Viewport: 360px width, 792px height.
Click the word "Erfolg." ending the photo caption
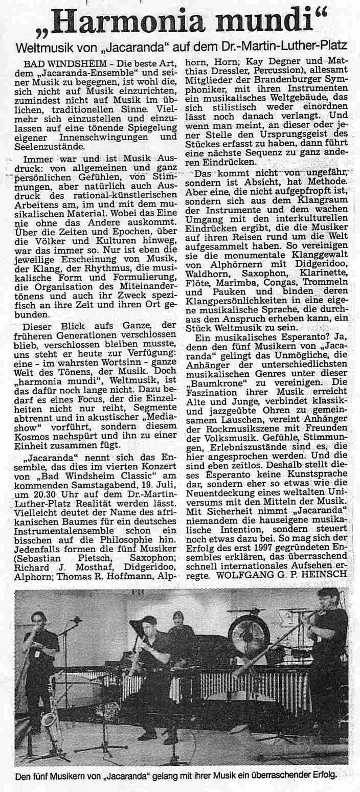(x=326, y=775)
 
